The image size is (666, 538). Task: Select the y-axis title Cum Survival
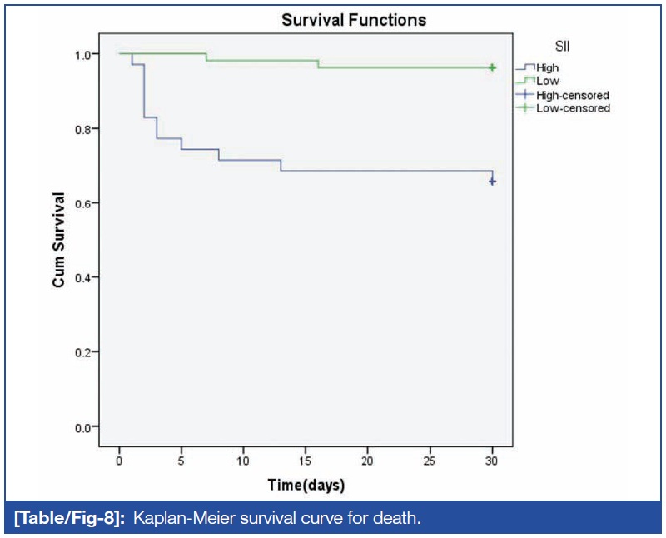[59, 241]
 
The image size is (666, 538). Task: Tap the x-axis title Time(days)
[306, 484]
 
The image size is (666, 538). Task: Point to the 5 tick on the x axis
[181, 460]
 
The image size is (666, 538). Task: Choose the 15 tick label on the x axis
[306, 460]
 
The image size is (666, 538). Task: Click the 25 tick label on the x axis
[430, 460]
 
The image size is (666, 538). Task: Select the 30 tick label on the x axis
[492, 460]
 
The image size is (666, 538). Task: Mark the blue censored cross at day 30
[492, 181]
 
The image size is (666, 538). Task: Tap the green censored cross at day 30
[492, 67]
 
